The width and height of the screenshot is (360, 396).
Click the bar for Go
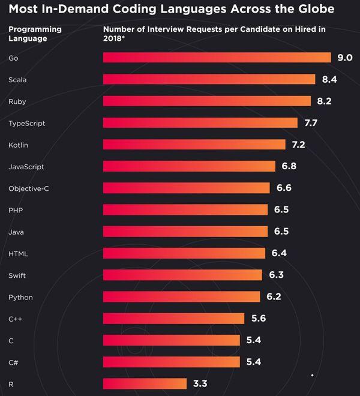pyautogui.click(x=217, y=58)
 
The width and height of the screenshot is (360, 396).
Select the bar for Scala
pyautogui.click(x=209, y=79)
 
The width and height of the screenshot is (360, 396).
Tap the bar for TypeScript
pyautogui.click(x=200, y=123)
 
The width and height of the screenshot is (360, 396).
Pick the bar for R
pyautogui.click(x=145, y=383)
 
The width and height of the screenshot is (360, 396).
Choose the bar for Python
pyautogui.click(x=182, y=296)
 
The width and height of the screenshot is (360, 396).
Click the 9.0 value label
pyautogui.click(x=344, y=58)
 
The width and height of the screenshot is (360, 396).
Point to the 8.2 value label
pyautogui.click(x=324, y=101)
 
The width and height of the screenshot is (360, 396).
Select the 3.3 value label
pyautogui.click(x=200, y=383)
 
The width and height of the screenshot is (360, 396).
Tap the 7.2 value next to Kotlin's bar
pyautogui.click(x=298, y=145)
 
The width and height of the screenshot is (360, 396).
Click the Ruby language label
pyautogui.click(x=17, y=101)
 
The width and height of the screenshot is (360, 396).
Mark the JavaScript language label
pyautogui.click(x=26, y=167)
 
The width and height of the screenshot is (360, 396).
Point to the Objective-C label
pyautogui.click(x=28, y=188)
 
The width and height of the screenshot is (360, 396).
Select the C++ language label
pyautogui.click(x=16, y=319)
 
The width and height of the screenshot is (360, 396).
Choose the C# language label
pyautogui.click(x=13, y=362)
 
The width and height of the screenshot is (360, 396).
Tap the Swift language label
pyautogui.click(x=17, y=275)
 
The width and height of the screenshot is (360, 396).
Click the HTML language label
pyautogui.click(x=18, y=253)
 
